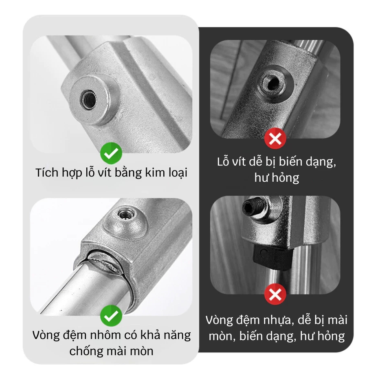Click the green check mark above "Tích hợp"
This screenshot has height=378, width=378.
(x=111, y=153)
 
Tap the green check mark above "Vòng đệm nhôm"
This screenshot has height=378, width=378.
(x=111, y=316)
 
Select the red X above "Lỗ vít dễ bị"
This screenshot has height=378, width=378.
(x=275, y=138)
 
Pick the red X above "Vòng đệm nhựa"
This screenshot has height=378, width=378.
(x=275, y=294)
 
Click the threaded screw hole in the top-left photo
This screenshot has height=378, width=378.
(x=88, y=99)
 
